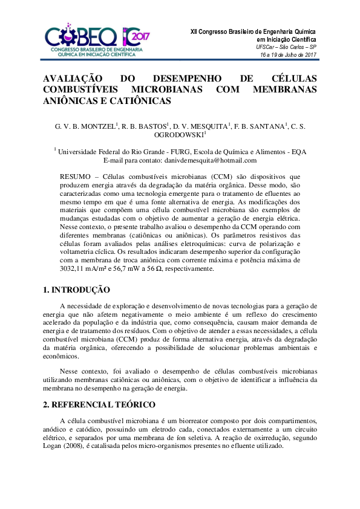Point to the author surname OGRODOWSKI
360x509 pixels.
[179, 135]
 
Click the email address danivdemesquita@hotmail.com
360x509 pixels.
[210, 161]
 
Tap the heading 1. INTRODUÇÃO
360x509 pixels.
[76, 290]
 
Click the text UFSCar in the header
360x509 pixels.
[267, 47]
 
